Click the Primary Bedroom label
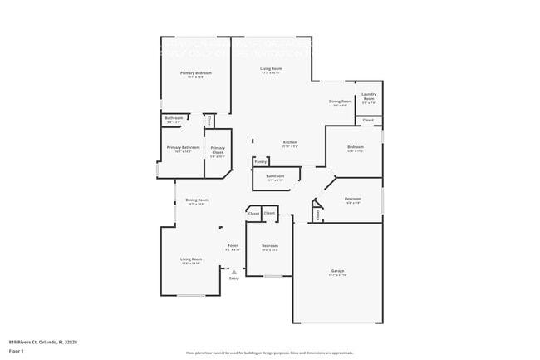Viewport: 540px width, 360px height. click(x=196, y=73)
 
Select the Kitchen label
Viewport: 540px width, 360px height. click(x=290, y=142)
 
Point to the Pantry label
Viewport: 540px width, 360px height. click(x=261, y=162)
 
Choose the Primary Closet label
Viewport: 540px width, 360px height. click(x=218, y=150)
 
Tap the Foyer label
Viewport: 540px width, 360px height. click(x=233, y=245)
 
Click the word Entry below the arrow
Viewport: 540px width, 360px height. click(x=234, y=278)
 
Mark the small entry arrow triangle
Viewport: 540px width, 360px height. click(x=234, y=271)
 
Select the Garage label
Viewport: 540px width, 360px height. click(x=337, y=271)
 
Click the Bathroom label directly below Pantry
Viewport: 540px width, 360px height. click(x=276, y=176)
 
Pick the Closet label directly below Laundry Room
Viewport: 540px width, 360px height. click(x=368, y=121)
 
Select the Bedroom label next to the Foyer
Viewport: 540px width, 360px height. click(x=269, y=245)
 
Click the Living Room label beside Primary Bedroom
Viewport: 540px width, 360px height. click(x=271, y=68)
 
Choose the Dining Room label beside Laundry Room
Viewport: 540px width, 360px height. click(x=341, y=101)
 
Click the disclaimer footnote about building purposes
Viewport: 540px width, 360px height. click(x=270, y=353)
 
